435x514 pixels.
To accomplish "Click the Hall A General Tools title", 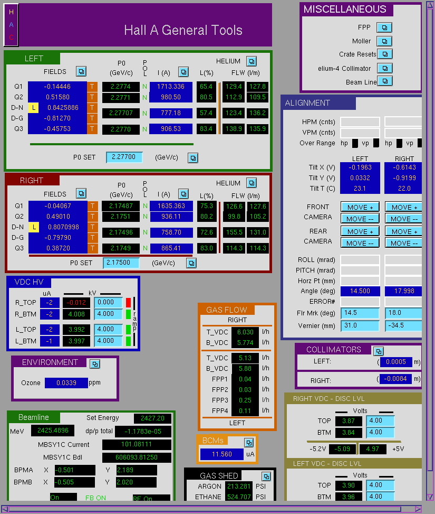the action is pos(183,30).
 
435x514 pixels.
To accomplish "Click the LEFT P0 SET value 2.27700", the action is pos(124,157).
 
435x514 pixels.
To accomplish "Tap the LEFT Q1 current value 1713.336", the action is pos(171,87).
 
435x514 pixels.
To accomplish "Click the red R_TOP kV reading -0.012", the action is pos(76,303).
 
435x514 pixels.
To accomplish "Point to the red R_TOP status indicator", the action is pos(128,302).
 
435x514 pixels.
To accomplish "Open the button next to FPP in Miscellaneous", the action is pos(384,27).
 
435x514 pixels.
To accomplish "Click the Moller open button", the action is pos(384,41).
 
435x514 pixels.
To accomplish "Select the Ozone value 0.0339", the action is pos(66,382).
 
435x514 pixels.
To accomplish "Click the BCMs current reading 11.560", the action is pos(222,454).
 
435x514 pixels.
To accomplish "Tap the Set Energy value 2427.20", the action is pos(152,418).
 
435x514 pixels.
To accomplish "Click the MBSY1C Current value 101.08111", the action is pos(137,444).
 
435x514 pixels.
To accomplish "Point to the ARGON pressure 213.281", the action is pos(239,486).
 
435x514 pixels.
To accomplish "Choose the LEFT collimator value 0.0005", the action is pos(396,361).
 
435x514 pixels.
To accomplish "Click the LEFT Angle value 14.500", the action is pos(360,291).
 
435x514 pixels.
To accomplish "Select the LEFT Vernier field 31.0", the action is pos(360,325).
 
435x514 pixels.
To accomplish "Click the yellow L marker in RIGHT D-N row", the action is pos(34,227).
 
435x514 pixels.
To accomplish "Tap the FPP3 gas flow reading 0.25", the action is pos(245,400).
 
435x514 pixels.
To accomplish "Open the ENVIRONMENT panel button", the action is pos(95,364).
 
